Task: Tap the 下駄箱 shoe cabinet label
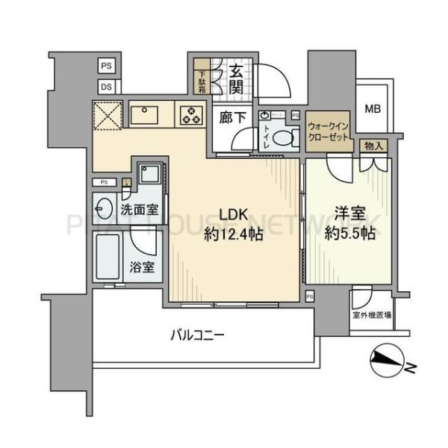(x=202, y=80)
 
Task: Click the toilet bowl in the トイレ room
(x=281, y=137)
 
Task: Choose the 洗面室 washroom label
(x=140, y=211)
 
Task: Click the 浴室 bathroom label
(x=143, y=267)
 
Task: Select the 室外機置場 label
(x=373, y=315)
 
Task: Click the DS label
(x=106, y=87)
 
